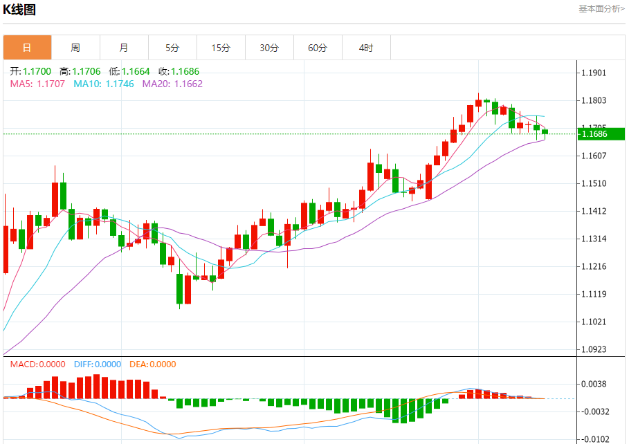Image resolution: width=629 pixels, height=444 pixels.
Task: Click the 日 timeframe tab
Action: click(27, 48)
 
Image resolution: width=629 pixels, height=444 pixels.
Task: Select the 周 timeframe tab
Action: click(75, 48)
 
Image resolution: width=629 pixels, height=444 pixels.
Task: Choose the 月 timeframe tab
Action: click(124, 48)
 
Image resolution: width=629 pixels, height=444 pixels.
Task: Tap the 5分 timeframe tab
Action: click(172, 48)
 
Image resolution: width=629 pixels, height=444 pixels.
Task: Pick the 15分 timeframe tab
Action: click(221, 48)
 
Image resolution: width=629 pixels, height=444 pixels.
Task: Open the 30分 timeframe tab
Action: click(269, 48)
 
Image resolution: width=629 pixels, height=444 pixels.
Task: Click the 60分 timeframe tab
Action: click(318, 48)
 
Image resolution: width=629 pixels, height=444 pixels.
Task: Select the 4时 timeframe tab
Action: click(366, 48)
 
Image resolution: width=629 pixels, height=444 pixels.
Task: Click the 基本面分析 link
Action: click(601, 8)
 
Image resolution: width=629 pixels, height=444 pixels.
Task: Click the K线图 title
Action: click(19, 10)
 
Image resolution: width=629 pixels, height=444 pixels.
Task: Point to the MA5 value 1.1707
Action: click(51, 84)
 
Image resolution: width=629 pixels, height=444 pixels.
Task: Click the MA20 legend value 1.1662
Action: click(188, 84)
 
